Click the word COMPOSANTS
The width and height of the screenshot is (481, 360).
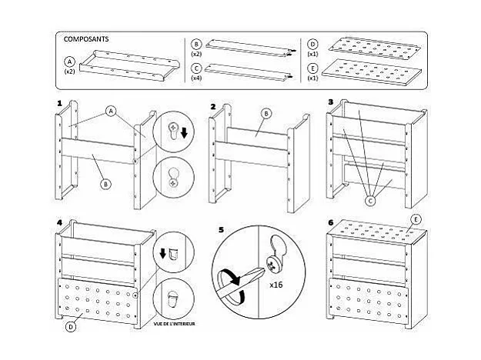point(86,39)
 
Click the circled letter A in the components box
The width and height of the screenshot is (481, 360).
point(69,62)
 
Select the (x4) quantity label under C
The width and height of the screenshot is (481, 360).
point(196,78)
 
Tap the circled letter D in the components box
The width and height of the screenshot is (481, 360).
point(312,45)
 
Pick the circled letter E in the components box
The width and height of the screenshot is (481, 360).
point(312,68)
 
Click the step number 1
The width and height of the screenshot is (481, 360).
point(59,103)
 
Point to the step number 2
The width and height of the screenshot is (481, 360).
point(213,107)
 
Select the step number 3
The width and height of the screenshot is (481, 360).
point(331,102)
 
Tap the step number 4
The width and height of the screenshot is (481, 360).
point(59,222)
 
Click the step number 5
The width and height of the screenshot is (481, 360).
point(222,230)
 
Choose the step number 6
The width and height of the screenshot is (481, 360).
point(331,222)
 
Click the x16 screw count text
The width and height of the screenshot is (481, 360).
point(276,285)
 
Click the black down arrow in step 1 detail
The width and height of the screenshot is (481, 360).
point(184,132)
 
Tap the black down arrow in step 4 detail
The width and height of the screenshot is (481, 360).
point(163,253)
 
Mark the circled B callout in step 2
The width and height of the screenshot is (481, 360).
point(266,114)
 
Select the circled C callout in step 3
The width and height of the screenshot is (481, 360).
point(371,201)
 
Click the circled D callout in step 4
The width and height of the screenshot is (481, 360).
point(71,327)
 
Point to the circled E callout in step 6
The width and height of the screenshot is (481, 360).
point(416,219)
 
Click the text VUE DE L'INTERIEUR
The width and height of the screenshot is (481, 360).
point(174,324)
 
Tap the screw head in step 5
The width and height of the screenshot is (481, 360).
point(272,263)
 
